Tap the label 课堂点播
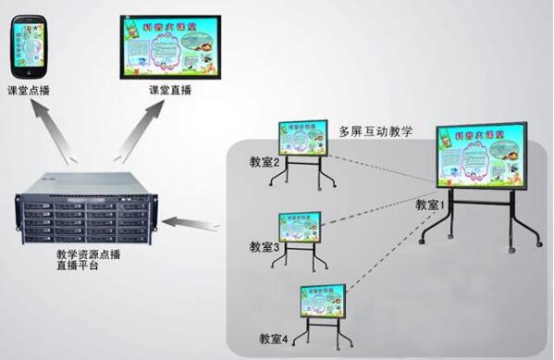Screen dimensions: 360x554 [29, 91]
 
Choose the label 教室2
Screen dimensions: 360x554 [265, 163]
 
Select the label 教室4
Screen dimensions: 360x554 [274, 339]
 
